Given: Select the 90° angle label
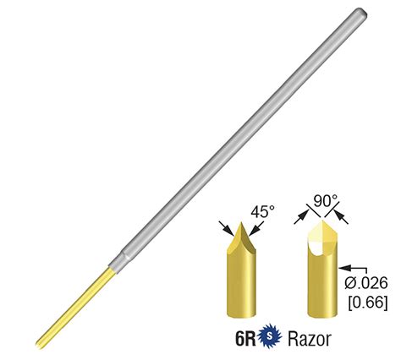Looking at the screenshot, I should pos(325,202).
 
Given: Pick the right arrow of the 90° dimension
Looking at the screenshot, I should pos(341,215).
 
